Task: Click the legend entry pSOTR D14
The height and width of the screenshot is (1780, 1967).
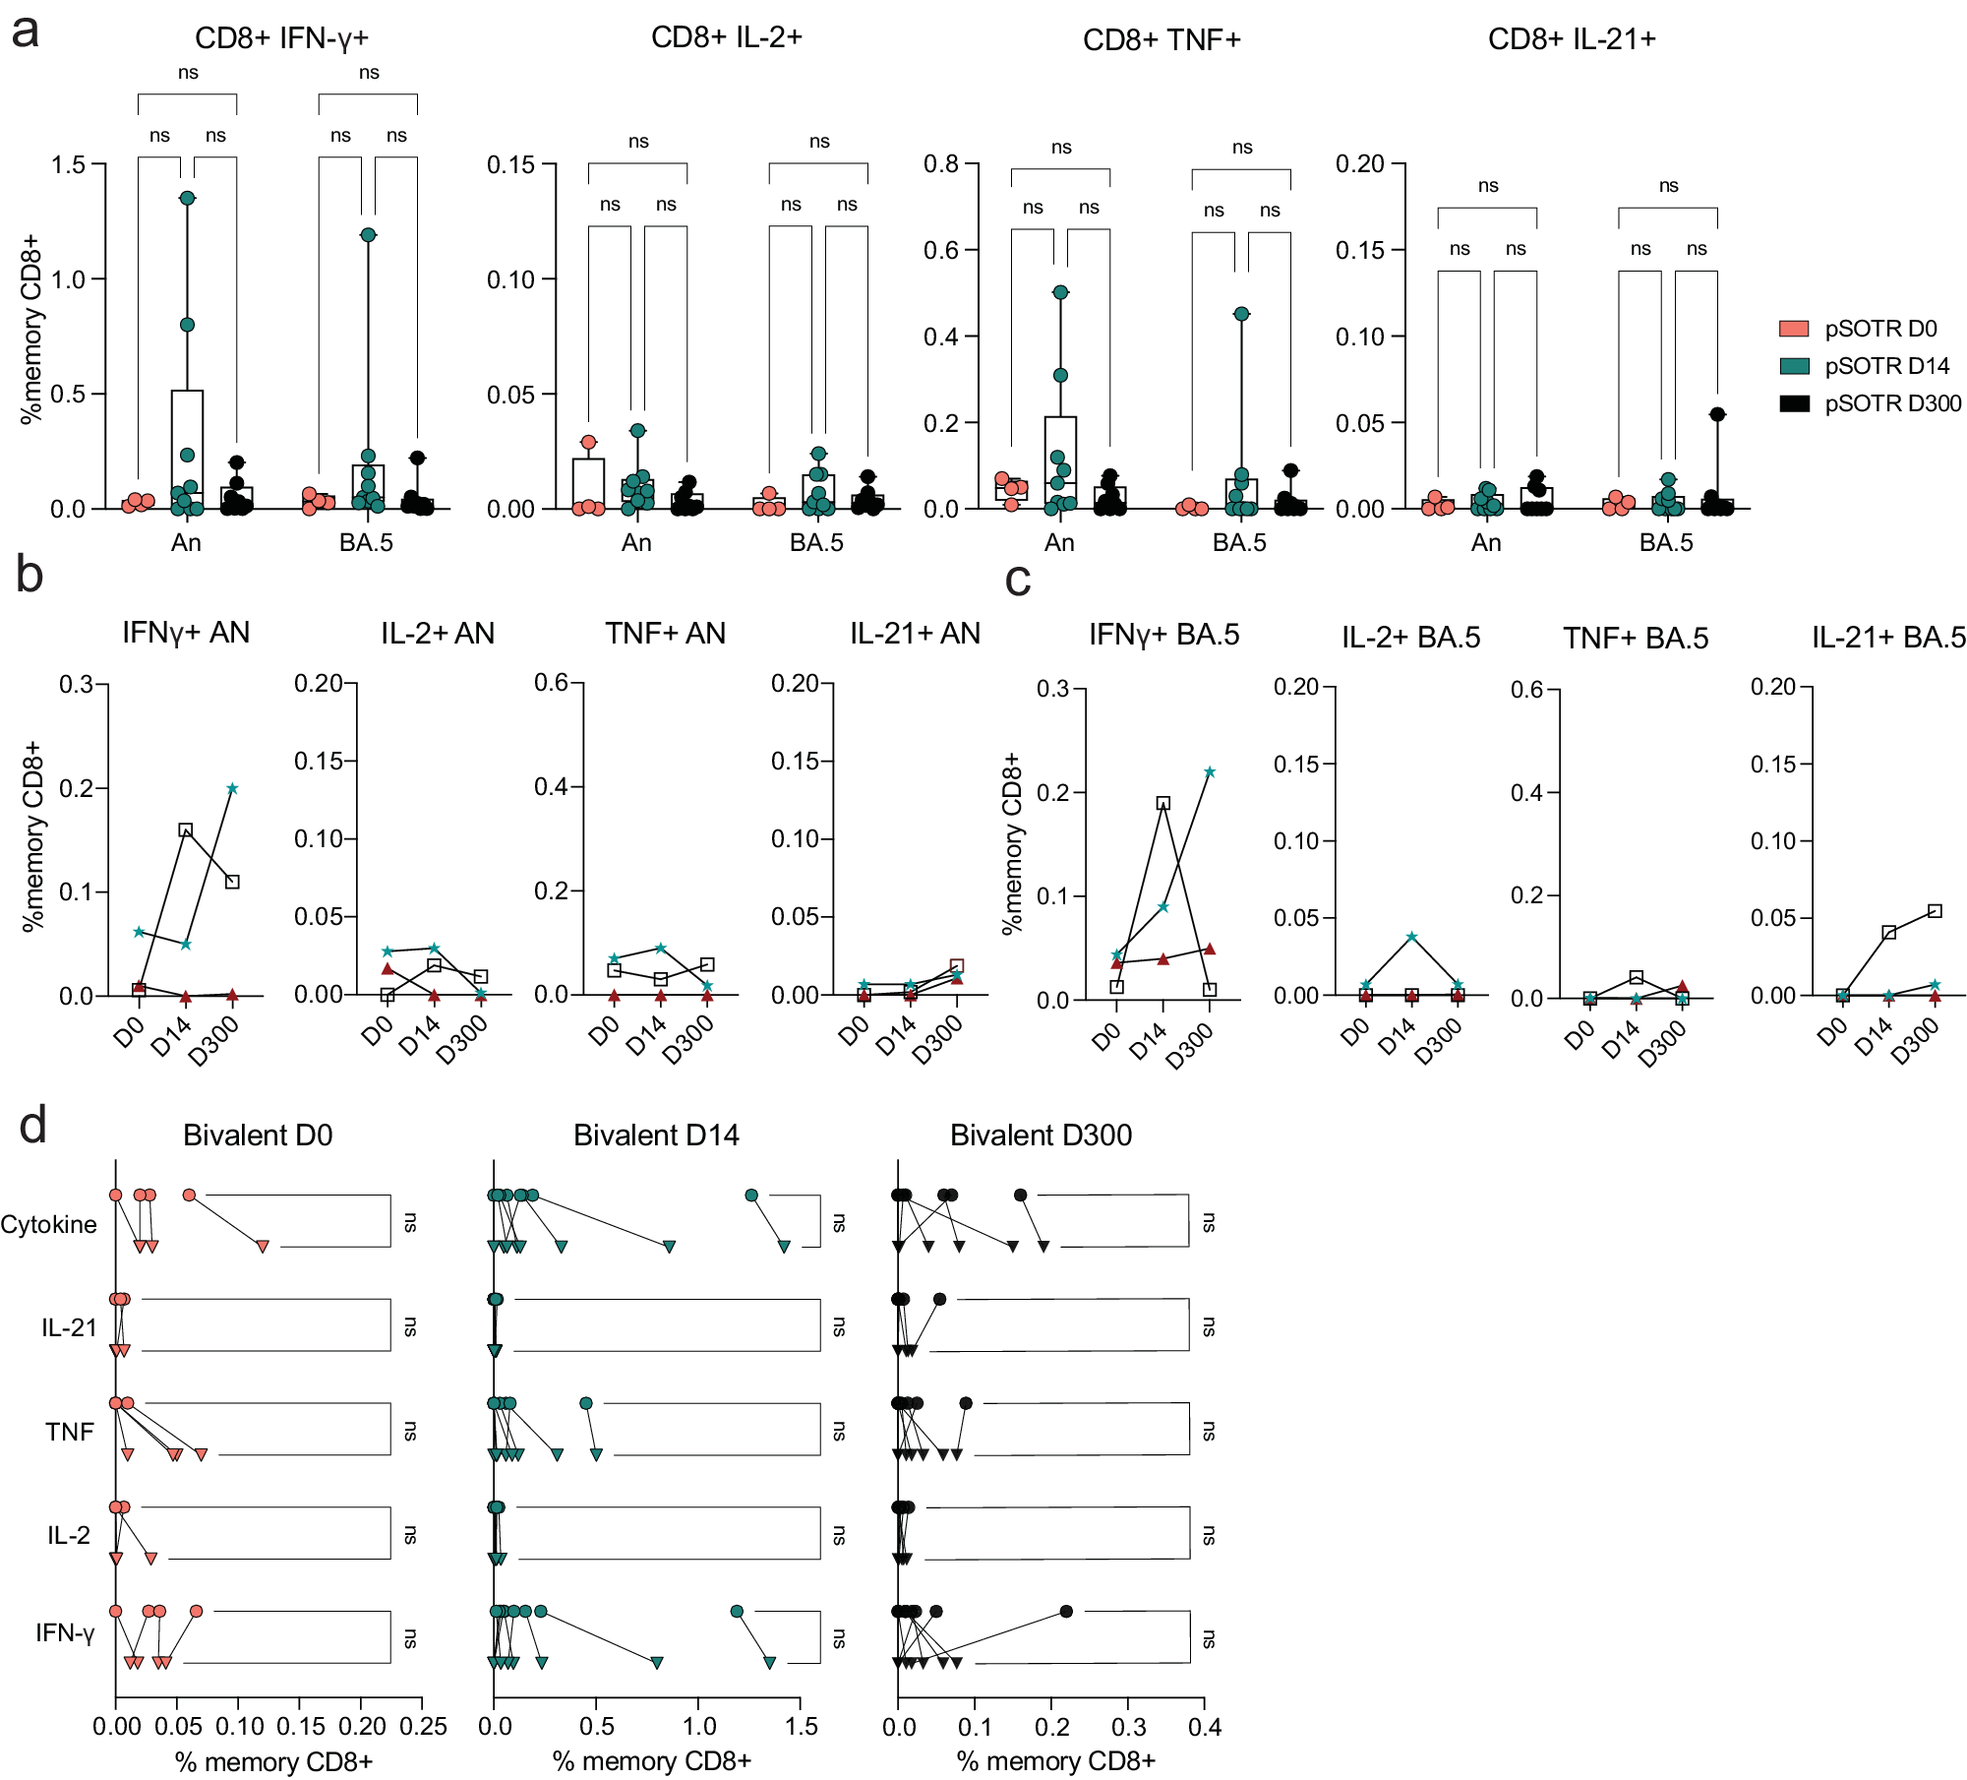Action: click(x=1885, y=366)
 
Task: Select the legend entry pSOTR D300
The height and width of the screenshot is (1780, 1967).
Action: click(x=1891, y=403)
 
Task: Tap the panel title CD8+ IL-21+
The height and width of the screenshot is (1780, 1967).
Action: click(x=1572, y=39)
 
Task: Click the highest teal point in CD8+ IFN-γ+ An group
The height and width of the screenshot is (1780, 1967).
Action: click(x=187, y=198)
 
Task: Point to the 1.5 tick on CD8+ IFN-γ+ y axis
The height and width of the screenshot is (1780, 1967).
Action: click(x=69, y=164)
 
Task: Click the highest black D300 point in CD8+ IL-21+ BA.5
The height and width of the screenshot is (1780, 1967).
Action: click(x=1717, y=414)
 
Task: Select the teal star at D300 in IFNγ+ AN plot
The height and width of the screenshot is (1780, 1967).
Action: click(x=232, y=788)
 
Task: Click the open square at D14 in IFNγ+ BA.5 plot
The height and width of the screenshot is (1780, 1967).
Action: click(x=1163, y=803)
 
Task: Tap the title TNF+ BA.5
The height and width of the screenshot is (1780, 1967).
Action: click(x=1636, y=639)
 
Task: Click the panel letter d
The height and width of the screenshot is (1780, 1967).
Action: click(x=32, y=1125)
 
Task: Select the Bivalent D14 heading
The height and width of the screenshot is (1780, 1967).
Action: click(x=656, y=1136)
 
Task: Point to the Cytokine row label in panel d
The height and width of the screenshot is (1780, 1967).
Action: click(x=49, y=1224)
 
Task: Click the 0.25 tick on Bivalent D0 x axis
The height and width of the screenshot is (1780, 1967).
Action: click(x=423, y=1726)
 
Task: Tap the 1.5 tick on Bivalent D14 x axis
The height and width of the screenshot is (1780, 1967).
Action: click(x=801, y=1726)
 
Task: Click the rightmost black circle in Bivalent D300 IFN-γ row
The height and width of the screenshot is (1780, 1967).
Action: click(x=1066, y=1611)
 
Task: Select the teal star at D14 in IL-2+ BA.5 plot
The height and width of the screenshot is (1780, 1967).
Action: click(x=1411, y=937)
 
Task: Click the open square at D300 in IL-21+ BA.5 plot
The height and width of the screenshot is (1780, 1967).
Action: click(x=1935, y=911)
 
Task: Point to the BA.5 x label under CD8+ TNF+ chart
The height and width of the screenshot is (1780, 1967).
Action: click(x=1239, y=543)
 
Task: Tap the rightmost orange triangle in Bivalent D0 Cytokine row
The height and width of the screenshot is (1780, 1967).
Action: click(x=263, y=1246)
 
